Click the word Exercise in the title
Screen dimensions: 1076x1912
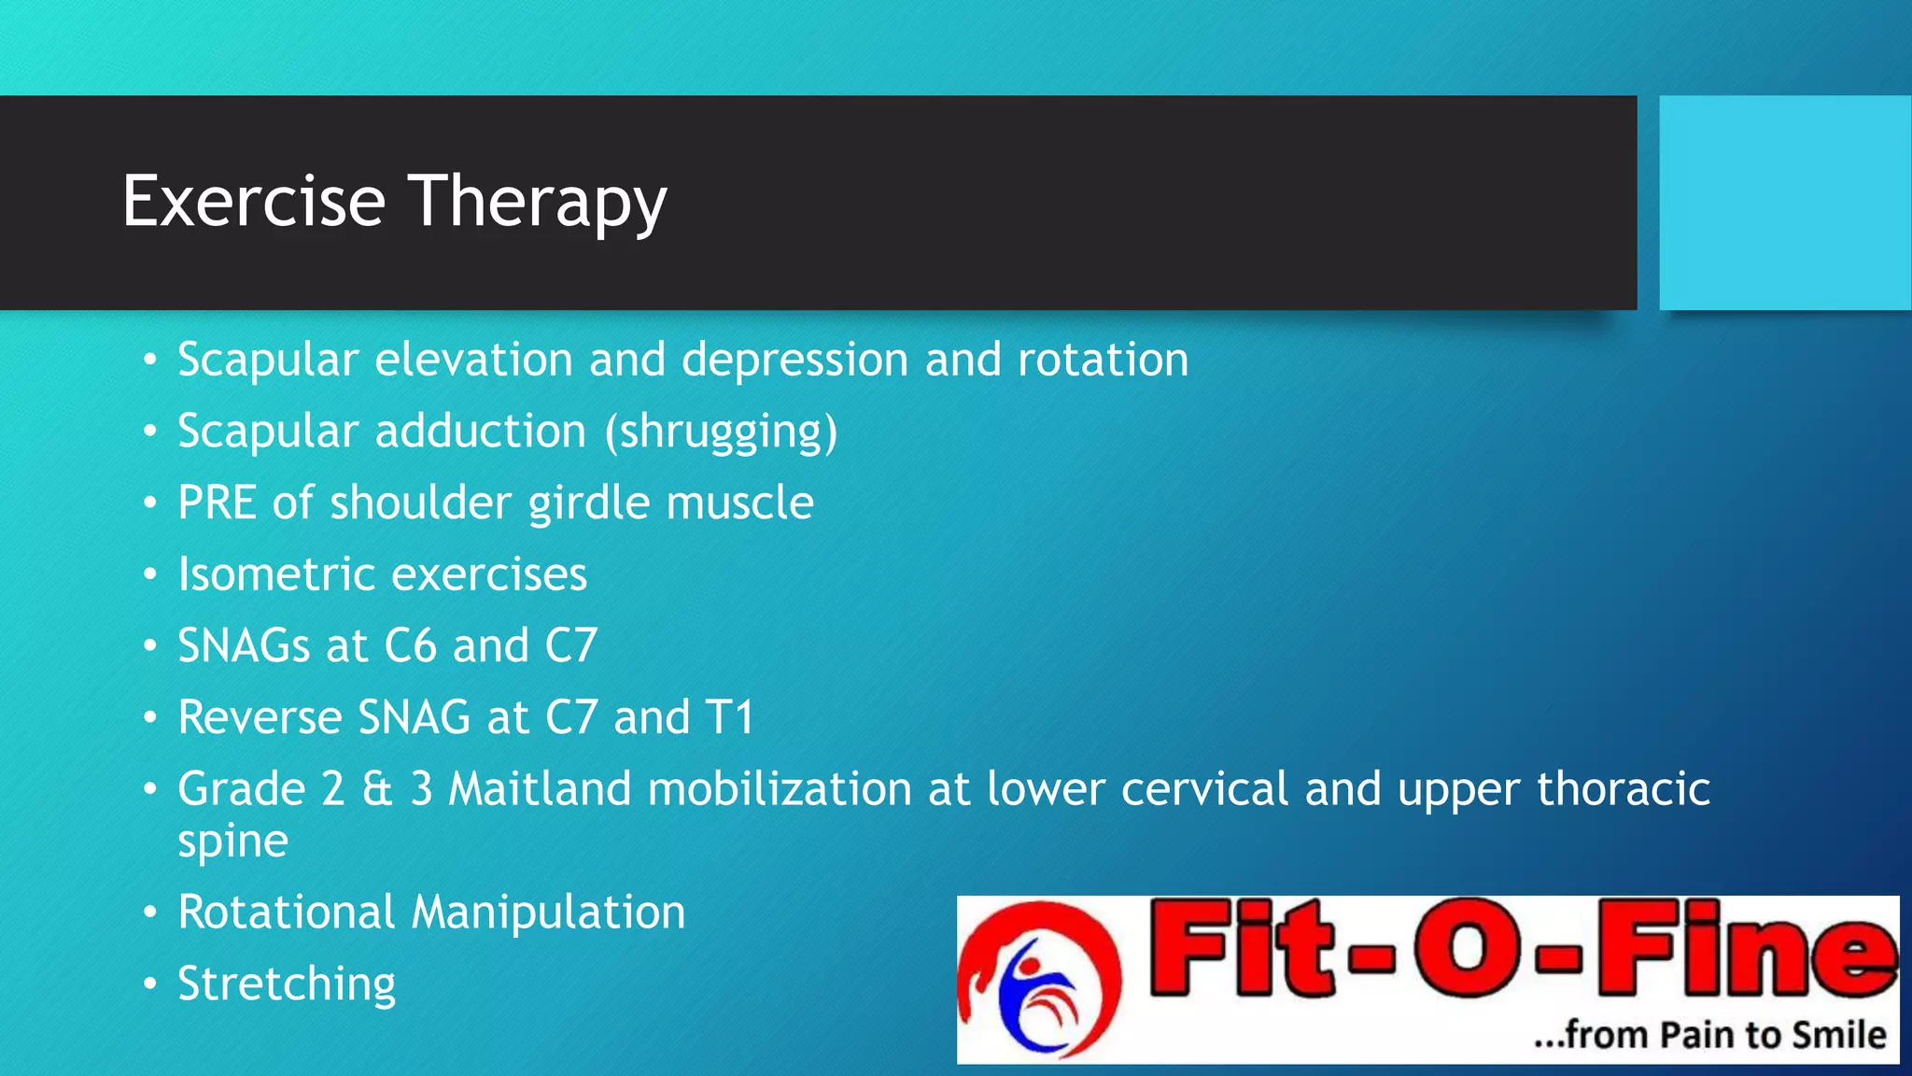tap(254, 201)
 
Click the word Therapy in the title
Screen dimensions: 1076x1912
tap(538, 203)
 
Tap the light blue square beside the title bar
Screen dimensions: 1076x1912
tap(1784, 203)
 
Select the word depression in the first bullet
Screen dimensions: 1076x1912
tap(794, 361)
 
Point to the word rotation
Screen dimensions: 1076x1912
tap(1103, 361)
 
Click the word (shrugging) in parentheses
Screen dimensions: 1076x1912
tap(721, 432)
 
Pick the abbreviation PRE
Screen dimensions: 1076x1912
tap(217, 503)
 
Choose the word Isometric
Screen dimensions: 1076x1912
tap(276, 574)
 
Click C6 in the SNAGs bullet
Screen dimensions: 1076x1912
tap(411, 646)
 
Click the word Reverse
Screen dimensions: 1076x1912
tap(260, 718)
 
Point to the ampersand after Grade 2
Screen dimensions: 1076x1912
tap(377, 789)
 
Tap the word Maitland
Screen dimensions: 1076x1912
tap(540, 789)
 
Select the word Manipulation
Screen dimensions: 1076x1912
tap(548, 913)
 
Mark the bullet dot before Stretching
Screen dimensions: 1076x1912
tap(150, 984)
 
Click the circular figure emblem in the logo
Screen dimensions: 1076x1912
tap(1039, 980)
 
